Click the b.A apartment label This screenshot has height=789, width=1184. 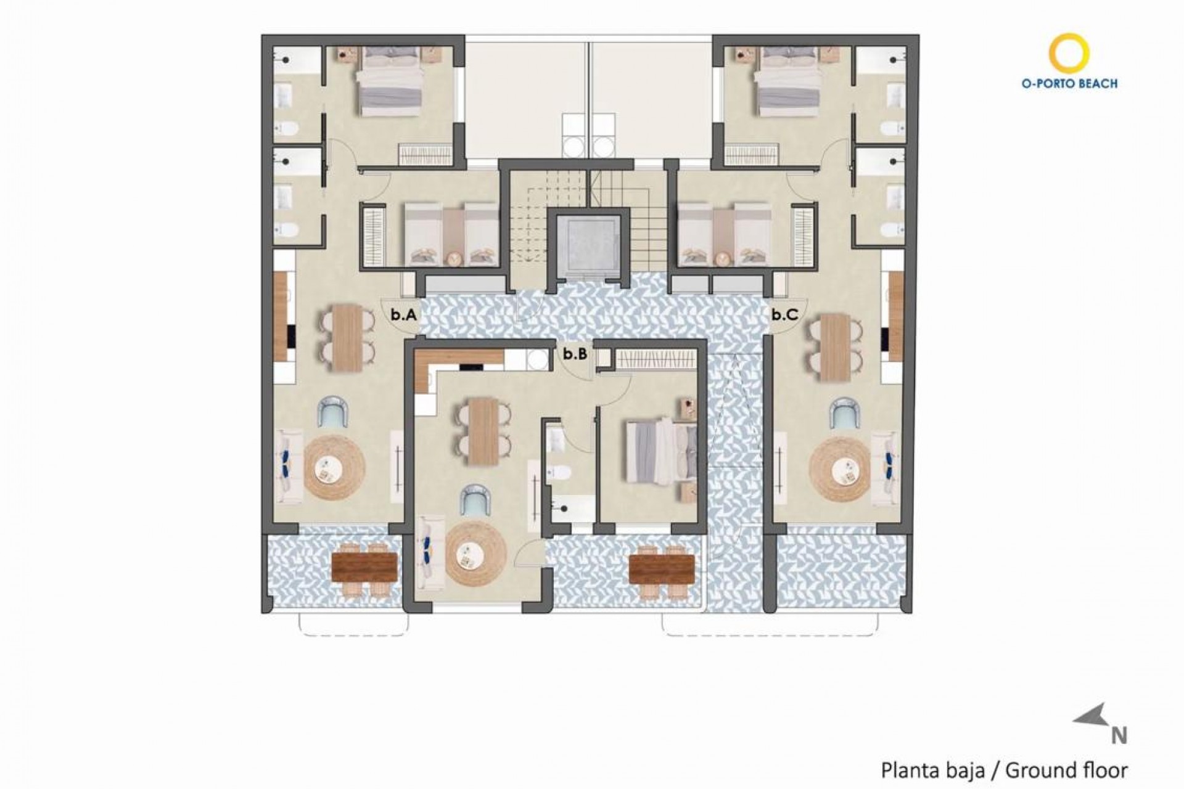404,315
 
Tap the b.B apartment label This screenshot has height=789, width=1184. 574,354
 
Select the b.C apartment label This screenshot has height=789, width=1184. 784,315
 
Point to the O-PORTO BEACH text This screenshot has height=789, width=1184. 1069,84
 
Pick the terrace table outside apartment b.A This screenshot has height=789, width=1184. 364,568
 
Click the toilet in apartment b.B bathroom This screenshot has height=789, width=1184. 561,475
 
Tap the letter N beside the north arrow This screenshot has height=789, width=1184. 1119,736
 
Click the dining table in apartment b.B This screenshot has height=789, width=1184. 483,431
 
